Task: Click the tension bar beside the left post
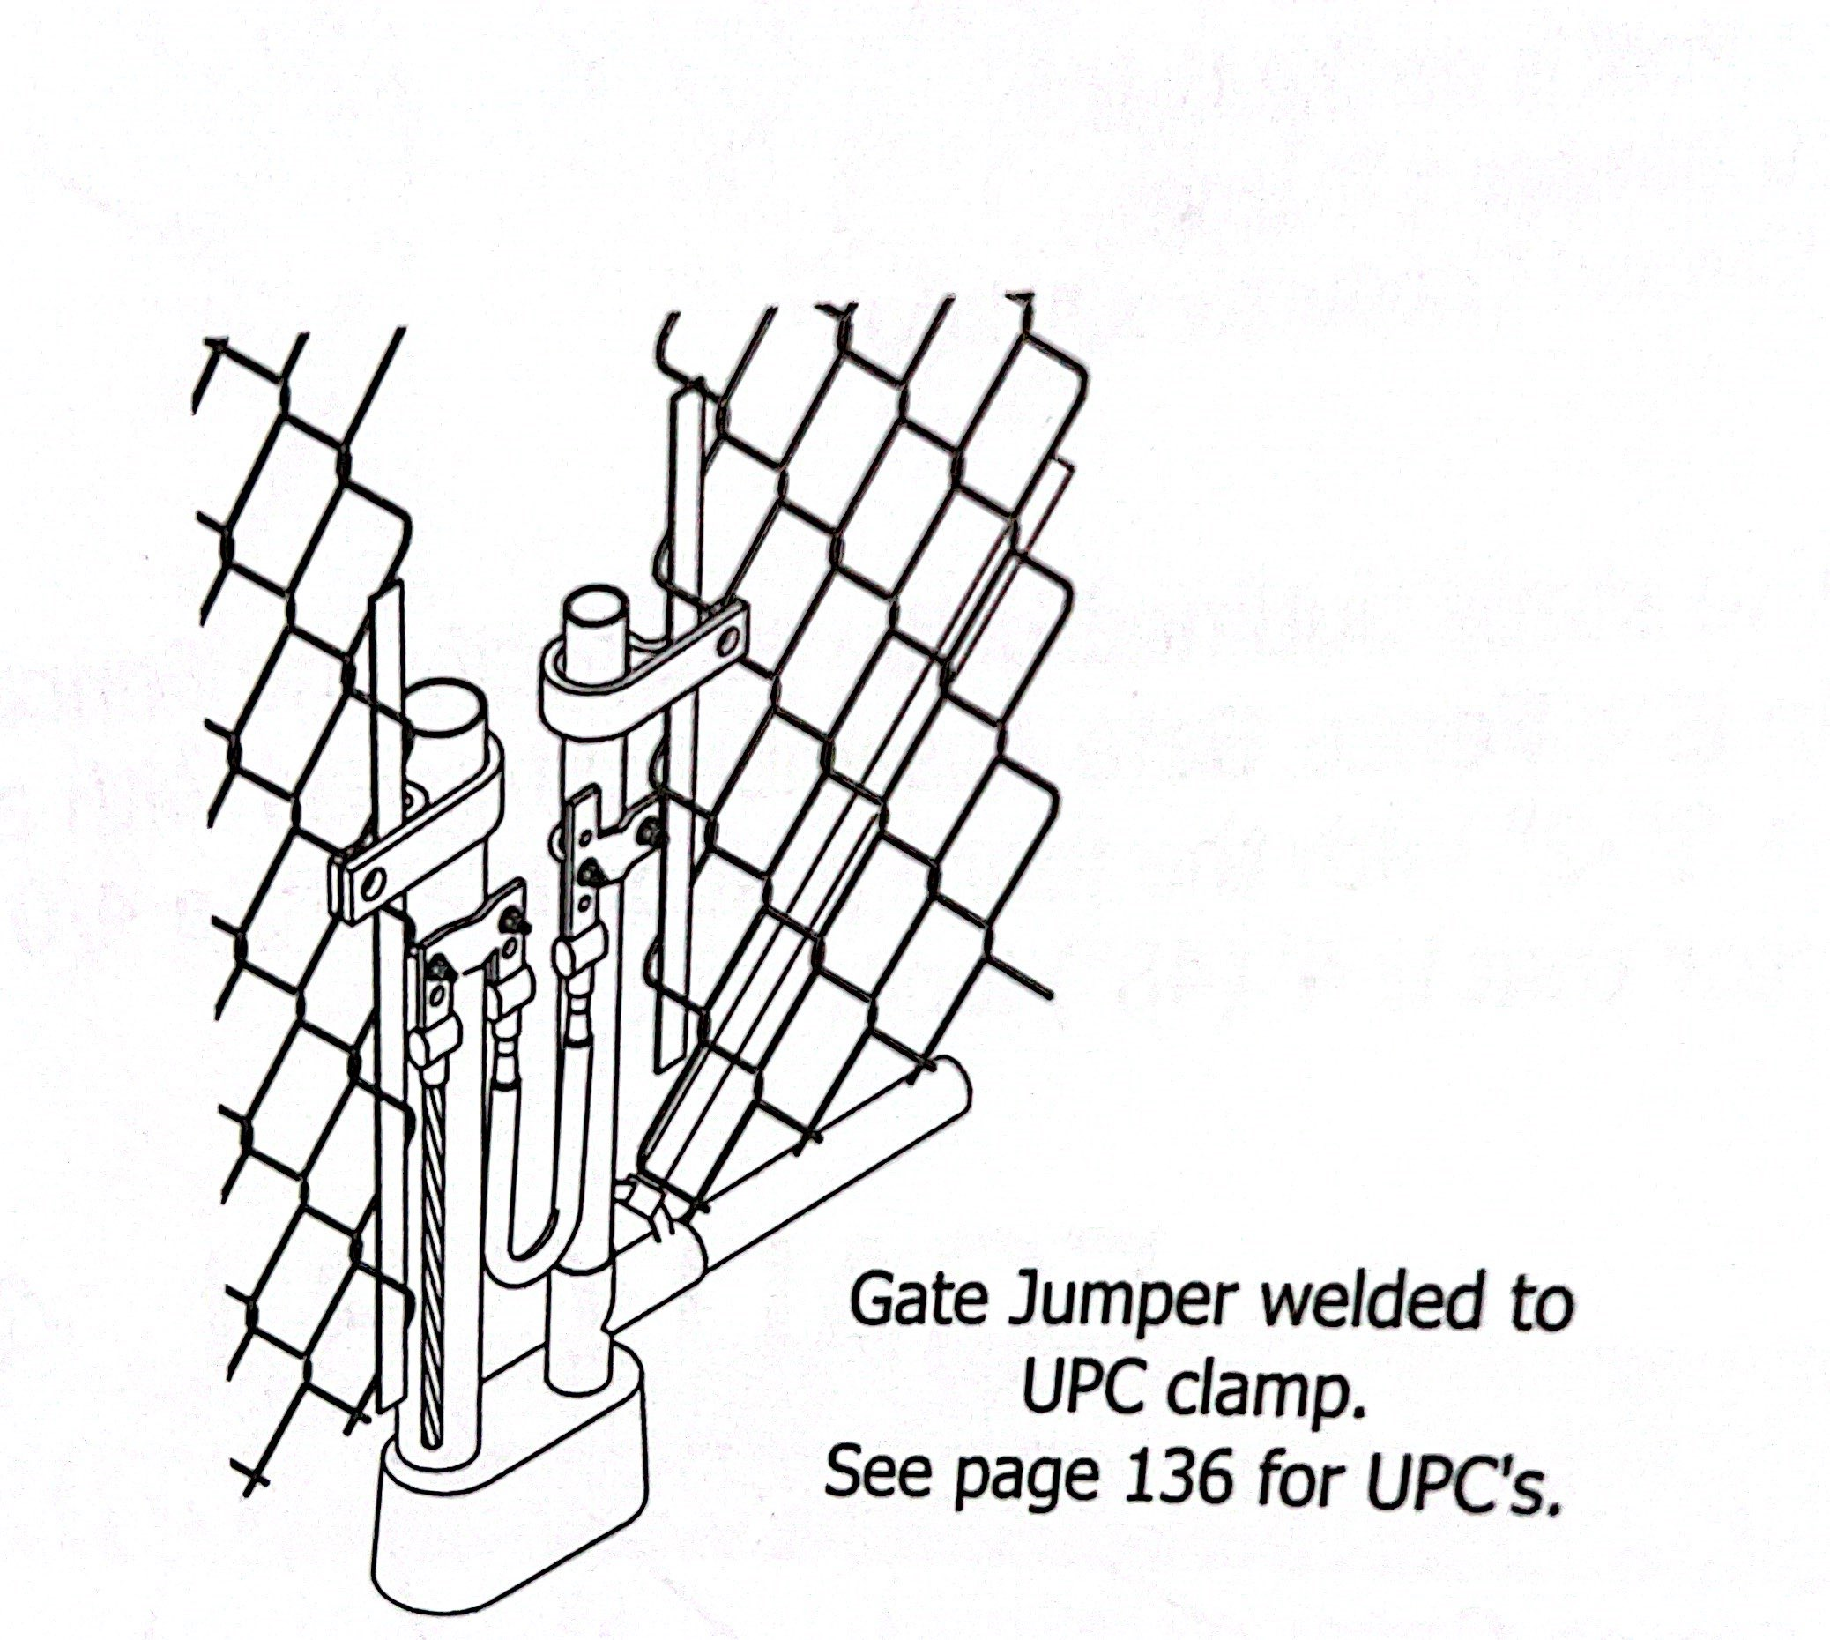coord(388,1081)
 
